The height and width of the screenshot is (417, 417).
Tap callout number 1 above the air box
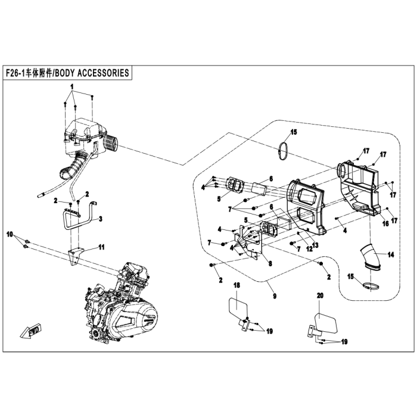pyautogui.click(x=72, y=87)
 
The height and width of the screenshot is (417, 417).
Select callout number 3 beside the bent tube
pyautogui.click(x=100, y=219)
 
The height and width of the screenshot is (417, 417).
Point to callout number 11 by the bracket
pyautogui.click(x=101, y=247)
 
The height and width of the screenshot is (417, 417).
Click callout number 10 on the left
pyautogui.click(x=10, y=234)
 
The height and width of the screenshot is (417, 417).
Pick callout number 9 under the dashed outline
pyautogui.click(x=275, y=295)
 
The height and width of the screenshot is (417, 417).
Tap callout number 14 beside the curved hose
pyautogui.click(x=390, y=255)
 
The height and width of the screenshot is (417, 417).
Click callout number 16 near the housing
pyautogui.click(x=385, y=223)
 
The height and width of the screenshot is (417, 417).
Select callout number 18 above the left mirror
pyautogui.click(x=236, y=285)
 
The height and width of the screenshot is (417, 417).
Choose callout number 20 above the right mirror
pyautogui.click(x=320, y=295)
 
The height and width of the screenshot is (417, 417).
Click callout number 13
pyautogui.click(x=315, y=244)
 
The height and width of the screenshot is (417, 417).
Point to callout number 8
pyautogui.click(x=270, y=263)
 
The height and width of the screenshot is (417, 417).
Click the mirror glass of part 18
pyautogui.click(x=238, y=307)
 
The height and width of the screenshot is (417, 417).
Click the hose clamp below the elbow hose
pyautogui.click(x=372, y=287)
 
